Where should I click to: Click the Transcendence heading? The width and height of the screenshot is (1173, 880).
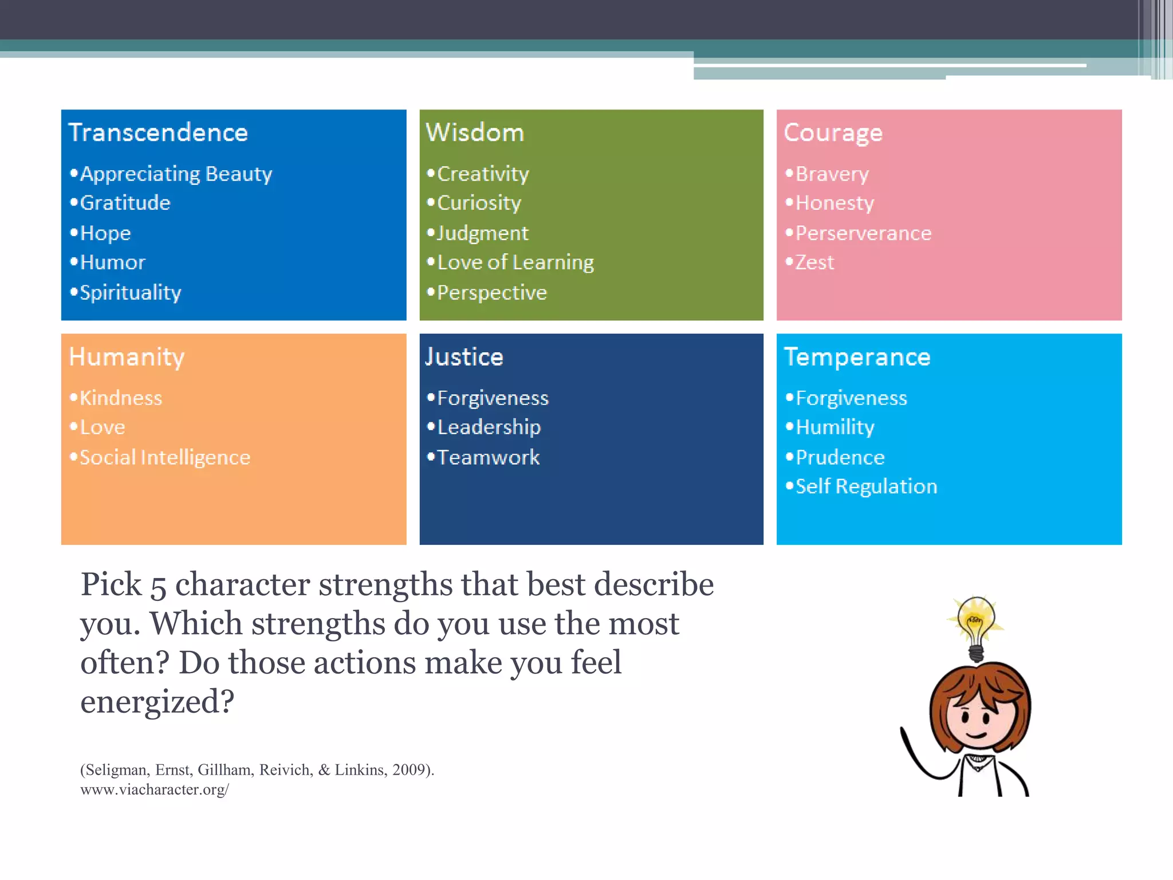click(158, 133)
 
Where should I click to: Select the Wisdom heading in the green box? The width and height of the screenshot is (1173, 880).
click(475, 133)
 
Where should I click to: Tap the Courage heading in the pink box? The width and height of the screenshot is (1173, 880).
click(833, 133)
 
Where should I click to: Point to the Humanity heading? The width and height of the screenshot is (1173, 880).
click(127, 357)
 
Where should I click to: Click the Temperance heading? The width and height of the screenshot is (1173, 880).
click(857, 357)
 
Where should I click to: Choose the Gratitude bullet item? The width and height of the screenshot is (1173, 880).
click(125, 203)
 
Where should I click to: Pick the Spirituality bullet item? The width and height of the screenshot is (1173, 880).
click(130, 293)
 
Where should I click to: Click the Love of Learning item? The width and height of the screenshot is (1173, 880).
click(515, 262)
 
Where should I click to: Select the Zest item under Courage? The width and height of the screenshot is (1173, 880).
click(814, 262)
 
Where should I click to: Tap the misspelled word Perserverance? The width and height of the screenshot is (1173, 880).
click(863, 233)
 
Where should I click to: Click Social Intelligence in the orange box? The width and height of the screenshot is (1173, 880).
click(165, 457)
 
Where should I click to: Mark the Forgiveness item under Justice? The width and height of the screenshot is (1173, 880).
click(493, 398)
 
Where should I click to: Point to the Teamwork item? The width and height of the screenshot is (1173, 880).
click(488, 457)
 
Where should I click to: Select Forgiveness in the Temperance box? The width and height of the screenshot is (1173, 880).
click(851, 398)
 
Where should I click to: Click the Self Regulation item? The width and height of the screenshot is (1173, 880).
click(866, 486)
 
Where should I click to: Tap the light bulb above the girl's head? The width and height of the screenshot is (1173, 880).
click(976, 624)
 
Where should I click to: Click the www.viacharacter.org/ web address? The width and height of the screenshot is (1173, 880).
click(155, 789)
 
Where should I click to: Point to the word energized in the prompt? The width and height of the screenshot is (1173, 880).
click(157, 701)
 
